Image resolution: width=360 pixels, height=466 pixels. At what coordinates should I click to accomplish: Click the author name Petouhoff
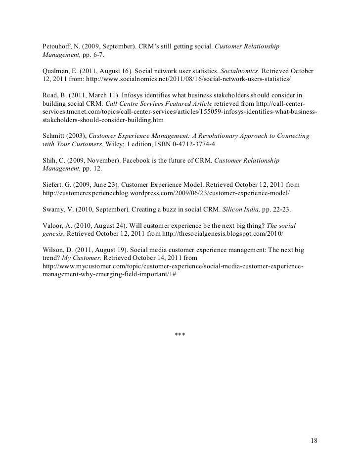tap(57, 46)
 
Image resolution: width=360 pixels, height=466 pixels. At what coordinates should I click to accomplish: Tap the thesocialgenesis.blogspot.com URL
tap(218, 233)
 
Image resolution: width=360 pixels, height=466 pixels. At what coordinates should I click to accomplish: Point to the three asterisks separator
tap(180, 336)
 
